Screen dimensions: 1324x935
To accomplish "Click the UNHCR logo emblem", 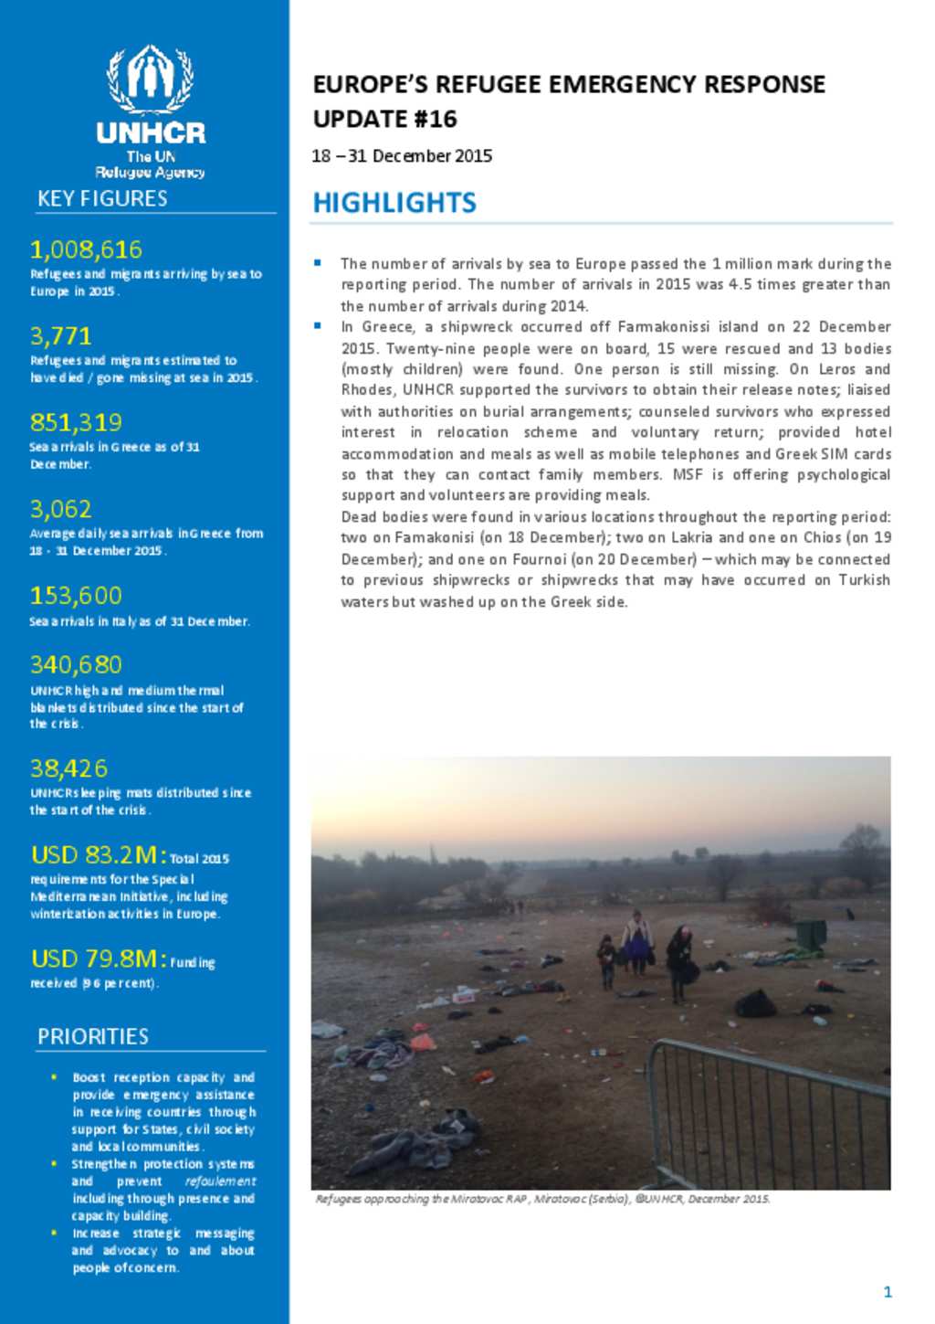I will (151, 79).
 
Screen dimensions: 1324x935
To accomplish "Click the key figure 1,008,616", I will (86, 249).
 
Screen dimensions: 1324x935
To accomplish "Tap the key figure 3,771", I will (60, 336).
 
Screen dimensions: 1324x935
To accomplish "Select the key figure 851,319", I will (76, 422).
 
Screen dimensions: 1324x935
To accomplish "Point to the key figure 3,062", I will (60, 509).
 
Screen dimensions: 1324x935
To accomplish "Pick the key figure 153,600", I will (76, 596).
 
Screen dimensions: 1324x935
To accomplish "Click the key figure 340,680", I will (76, 665).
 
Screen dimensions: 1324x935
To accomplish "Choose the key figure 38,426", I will (68, 768).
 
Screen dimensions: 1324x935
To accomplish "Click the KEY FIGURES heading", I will (102, 198).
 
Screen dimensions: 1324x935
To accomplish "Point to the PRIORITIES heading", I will (92, 1036).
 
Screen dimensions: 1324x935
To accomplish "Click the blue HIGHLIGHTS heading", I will (394, 203).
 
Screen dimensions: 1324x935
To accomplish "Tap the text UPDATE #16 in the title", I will (384, 119).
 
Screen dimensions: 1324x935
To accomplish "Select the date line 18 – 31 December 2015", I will (402, 156).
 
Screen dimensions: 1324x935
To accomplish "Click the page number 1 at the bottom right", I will (888, 1291).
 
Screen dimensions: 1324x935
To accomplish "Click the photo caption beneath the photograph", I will (542, 1199).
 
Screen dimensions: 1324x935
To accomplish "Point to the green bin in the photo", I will (811, 934).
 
